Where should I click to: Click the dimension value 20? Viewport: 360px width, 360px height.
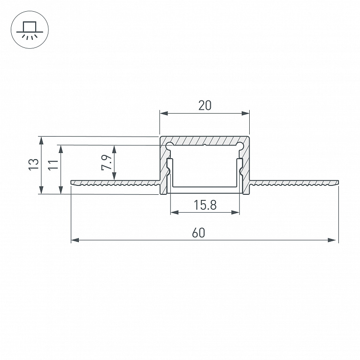pyautogui.click(x=205, y=106)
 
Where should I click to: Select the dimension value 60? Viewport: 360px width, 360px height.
pyautogui.click(x=199, y=233)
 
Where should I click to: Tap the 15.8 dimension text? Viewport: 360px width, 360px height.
pyautogui.click(x=205, y=205)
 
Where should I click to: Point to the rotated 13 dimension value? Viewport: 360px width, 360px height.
pyautogui.click(x=34, y=164)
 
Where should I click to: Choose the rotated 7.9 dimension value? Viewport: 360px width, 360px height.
pyautogui.click(x=107, y=162)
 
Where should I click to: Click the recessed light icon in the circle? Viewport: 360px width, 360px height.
pyautogui.click(x=30, y=30)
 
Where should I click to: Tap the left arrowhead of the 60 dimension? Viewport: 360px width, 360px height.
pyautogui.click(x=75, y=240)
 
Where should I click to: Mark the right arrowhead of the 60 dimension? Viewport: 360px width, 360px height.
pyautogui.click(x=332, y=240)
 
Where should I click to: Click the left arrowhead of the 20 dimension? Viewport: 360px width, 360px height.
pyautogui.click(x=164, y=113)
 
